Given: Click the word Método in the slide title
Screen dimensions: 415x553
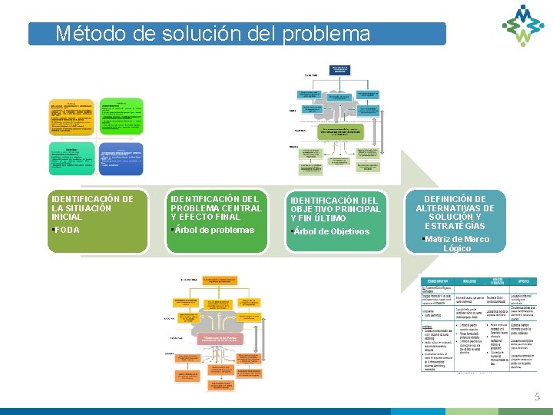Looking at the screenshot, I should [x=85, y=34].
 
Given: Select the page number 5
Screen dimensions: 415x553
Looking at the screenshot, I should [x=538, y=397].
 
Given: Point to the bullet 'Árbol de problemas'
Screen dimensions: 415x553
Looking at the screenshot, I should [x=214, y=230].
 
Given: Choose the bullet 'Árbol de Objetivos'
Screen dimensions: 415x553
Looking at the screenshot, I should [x=331, y=231].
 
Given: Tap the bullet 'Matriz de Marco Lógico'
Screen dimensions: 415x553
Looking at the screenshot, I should [x=457, y=244].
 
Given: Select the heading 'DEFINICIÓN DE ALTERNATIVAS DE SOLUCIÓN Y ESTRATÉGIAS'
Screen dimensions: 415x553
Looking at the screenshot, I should [x=455, y=212].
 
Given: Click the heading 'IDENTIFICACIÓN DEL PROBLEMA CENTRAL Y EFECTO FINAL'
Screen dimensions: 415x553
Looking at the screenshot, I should [x=216, y=207].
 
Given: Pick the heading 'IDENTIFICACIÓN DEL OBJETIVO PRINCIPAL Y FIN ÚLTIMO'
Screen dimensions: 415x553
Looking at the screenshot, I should [x=335, y=209].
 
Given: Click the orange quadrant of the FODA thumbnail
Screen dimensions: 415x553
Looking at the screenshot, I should [x=71, y=117].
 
